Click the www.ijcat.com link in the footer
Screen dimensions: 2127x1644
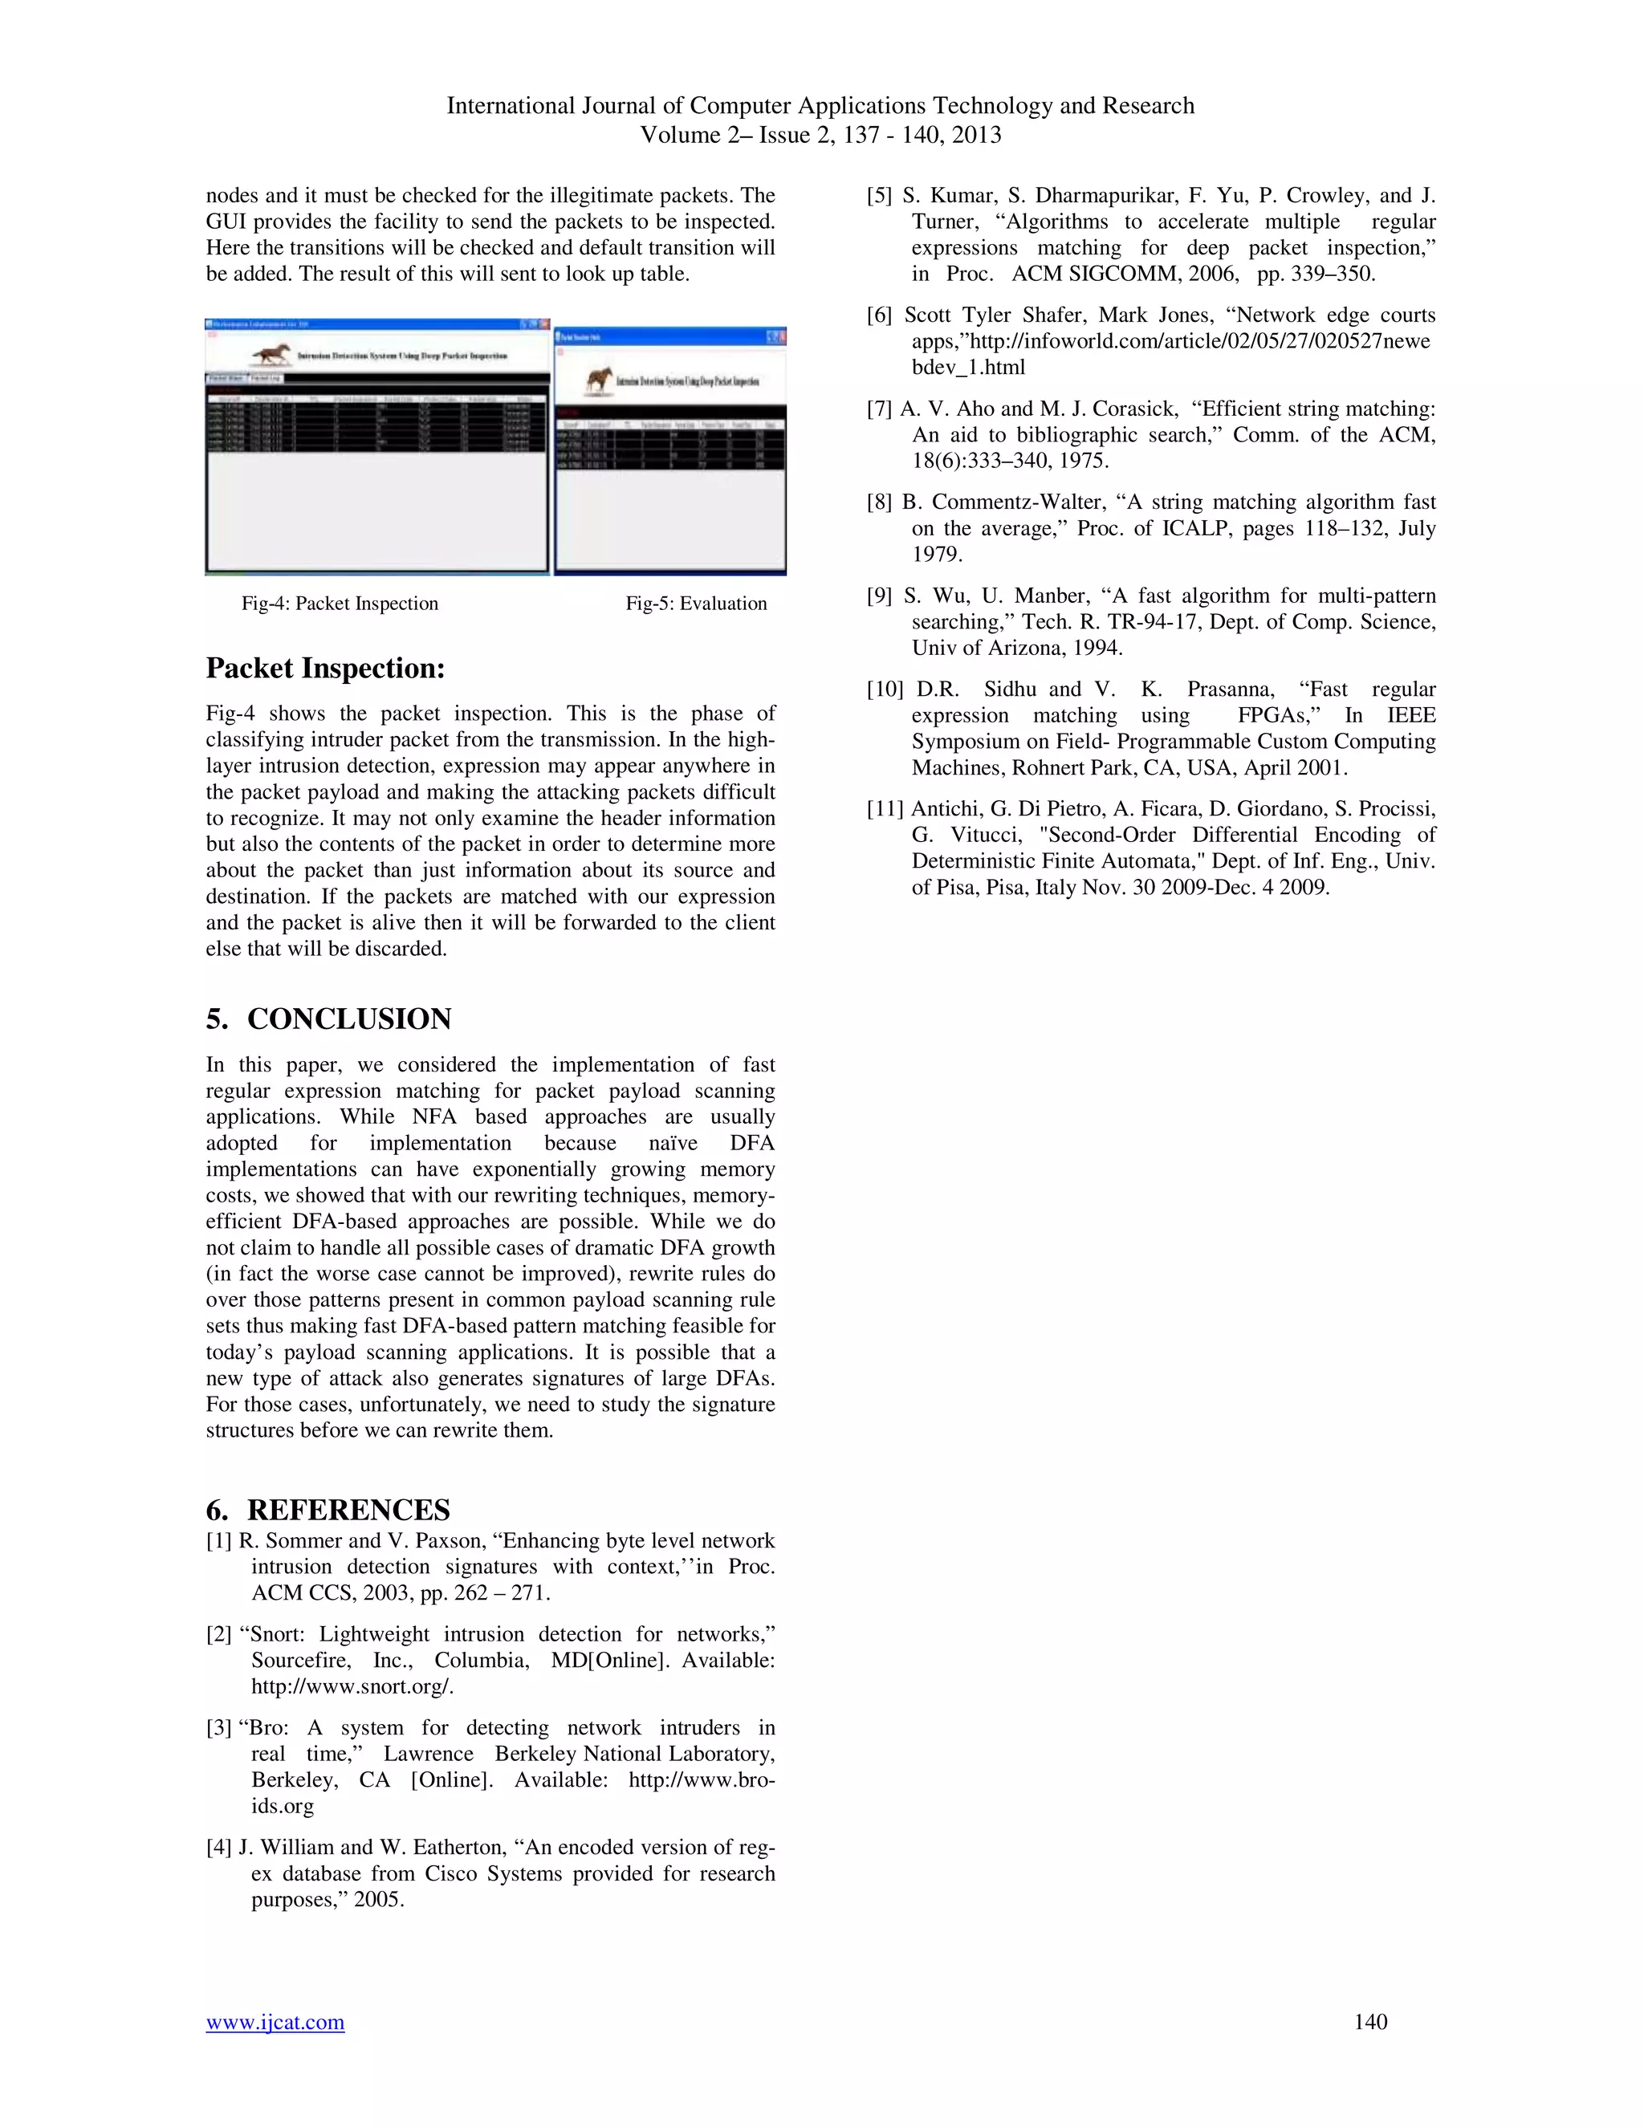[275, 2022]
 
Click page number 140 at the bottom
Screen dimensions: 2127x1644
[1369, 2022]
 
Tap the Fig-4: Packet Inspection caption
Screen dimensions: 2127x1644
[340, 604]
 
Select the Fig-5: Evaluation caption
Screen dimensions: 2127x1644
[695, 604]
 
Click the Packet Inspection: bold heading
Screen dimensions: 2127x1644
[325, 668]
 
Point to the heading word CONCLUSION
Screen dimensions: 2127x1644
[348, 1019]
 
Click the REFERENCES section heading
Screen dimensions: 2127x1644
[348, 1510]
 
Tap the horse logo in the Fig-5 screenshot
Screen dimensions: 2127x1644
[598, 380]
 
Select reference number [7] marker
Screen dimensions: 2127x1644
[880, 409]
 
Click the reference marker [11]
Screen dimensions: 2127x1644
[885, 808]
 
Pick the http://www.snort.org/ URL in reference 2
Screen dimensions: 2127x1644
[352, 1687]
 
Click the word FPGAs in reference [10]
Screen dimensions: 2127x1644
[1275, 716]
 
